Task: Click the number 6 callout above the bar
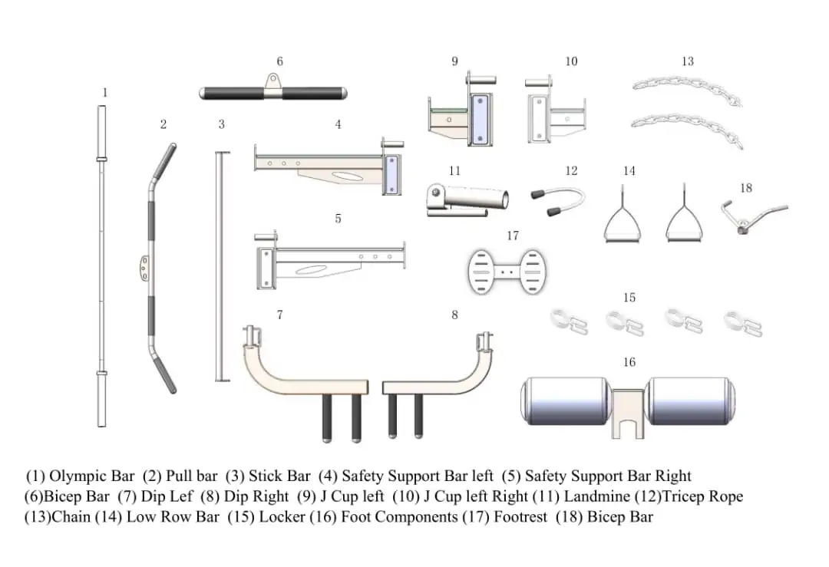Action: coord(280,61)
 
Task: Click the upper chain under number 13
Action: coord(686,87)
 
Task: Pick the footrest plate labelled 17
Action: coord(507,270)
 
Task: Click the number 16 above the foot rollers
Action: coord(629,362)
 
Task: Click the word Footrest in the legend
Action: coord(521,516)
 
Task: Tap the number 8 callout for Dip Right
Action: coord(454,315)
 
